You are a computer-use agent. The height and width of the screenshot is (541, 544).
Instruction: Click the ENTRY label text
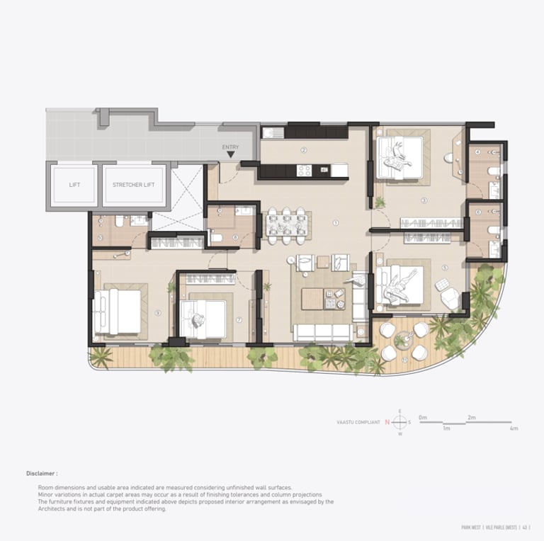pyautogui.click(x=230, y=147)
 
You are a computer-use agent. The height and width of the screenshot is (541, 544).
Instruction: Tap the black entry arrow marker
pyautogui.click(x=231, y=154)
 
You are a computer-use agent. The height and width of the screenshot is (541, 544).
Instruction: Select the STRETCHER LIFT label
pyautogui.click(x=134, y=185)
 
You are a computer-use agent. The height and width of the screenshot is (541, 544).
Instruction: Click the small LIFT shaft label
pyautogui.click(x=74, y=185)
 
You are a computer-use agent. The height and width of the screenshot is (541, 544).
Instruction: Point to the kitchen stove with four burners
pyautogui.click(x=304, y=170)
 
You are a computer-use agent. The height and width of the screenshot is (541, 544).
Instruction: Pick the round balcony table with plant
pyautogui.click(x=402, y=341)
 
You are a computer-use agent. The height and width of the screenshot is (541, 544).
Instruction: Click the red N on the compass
pyautogui.click(x=387, y=423)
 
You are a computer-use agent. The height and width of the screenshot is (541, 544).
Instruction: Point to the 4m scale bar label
pyautogui.click(x=514, y=428)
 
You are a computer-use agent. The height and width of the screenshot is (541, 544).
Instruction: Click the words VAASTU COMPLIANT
pyautogui.click(x=358, y=423)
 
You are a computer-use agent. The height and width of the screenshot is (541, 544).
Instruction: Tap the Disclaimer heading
pyautogui.click(x=42, y=473)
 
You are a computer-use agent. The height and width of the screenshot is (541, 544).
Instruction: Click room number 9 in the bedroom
pyautogui.click(x=157, y=312)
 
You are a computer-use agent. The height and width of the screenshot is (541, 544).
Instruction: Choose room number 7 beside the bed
pyautogui.click(x=239, y=320)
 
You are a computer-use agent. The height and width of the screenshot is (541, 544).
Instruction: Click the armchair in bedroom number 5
pyautogui.click(x=449, y=298)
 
